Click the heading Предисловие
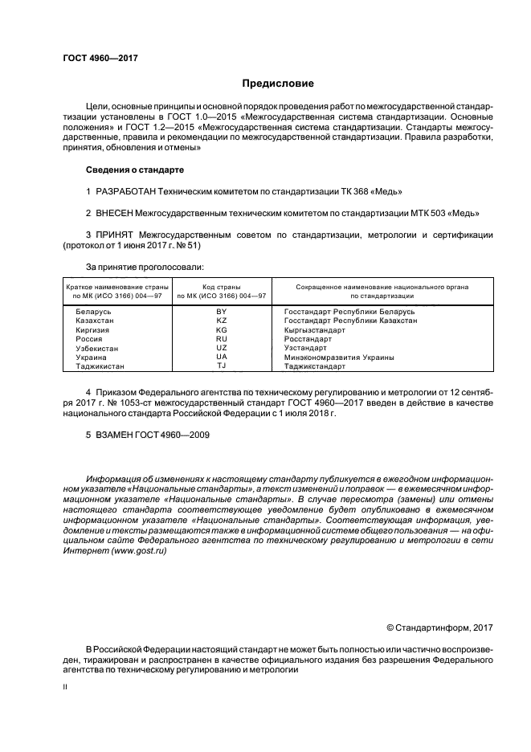278,83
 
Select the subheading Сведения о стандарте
134,170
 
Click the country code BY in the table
222,310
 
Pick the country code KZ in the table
222,320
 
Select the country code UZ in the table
222,348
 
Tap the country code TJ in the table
222,366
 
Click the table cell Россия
89,339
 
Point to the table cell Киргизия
93,329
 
